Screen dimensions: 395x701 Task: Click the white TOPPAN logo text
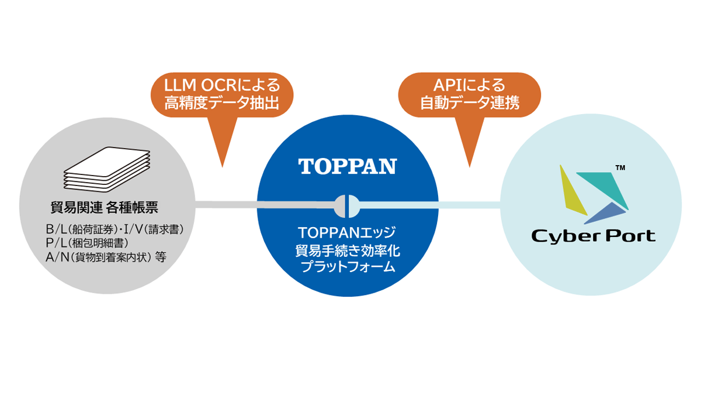pos(348,167)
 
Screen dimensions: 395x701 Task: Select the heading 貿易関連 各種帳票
pos(105,207)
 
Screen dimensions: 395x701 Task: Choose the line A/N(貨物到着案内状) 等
pos(105,256)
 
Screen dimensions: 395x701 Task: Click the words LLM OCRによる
pos(222,85)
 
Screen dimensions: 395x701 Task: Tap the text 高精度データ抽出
pos(222,105)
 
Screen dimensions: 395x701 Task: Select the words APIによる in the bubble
pos(470,85)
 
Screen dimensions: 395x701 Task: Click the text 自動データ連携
pos(470,105)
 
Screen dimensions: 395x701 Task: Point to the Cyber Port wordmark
pos(593,236)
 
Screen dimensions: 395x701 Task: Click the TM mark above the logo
pos(620,169)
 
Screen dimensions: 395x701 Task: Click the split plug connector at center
pos(347,205)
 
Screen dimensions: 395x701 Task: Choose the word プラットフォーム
pos(348,267)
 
